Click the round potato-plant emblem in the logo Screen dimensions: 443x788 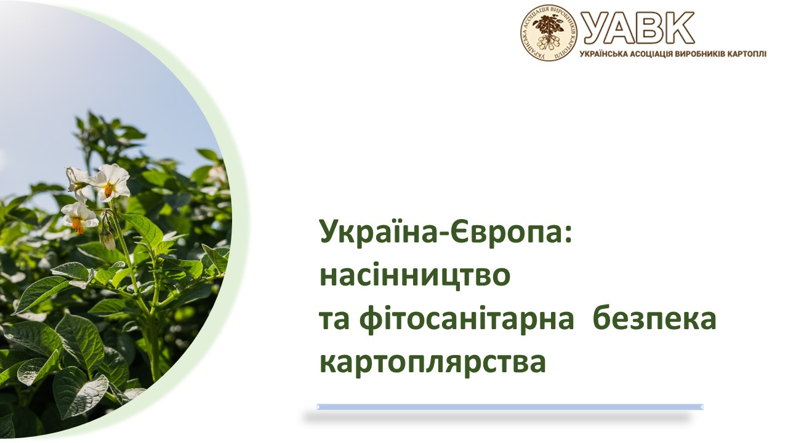[548, 33]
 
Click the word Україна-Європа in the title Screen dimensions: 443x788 [440, 233]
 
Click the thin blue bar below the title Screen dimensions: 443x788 [510, 407]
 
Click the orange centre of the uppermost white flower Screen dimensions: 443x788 [109, 190]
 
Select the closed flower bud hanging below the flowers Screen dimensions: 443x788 [108, 239]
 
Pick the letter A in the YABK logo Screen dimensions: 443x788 [619, 28]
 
